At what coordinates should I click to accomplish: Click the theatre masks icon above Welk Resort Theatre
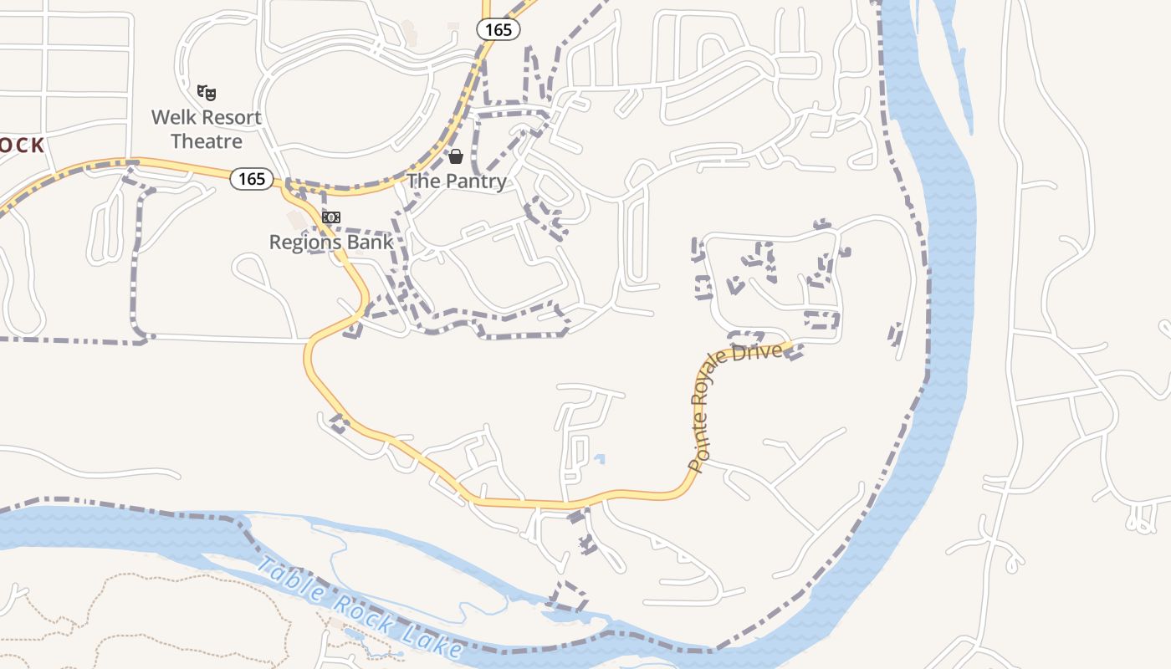click(207, 91)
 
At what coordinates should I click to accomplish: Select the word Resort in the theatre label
click(229, 118)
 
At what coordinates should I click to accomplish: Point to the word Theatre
click(207, 141)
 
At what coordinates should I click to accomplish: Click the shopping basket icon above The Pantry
click(456, 156)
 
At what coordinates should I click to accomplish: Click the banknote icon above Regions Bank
click(331, 217)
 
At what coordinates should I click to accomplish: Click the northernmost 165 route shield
click(499, 29)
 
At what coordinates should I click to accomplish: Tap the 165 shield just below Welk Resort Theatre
click(251, 178)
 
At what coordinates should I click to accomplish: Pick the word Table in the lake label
click(288, 580)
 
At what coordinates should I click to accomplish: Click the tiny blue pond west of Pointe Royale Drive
click(599, 458)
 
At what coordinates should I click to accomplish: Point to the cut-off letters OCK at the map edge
click(22, 146)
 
